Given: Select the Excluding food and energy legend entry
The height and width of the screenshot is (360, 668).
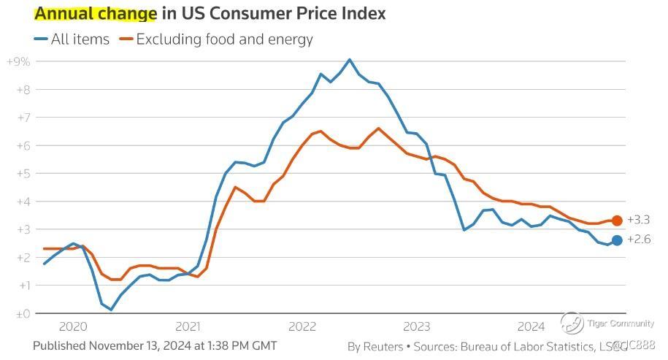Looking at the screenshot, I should tap(215, 39).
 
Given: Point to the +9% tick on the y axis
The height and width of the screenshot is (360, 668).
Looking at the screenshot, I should tap(18, 61).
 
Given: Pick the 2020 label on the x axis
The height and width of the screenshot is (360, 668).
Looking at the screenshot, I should tap(73, 326).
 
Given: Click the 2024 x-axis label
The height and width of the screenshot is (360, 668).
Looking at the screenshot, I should tap(531, 326).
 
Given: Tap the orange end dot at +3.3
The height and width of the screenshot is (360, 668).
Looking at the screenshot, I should tap(617, 221).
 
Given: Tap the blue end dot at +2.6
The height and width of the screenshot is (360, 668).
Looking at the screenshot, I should tap(617, 240).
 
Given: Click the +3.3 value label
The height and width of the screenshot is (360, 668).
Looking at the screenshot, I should tap(638, 221).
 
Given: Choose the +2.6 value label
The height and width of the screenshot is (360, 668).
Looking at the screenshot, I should tap(638, 240).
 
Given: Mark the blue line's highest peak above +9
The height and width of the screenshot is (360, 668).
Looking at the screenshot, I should tap(350, 59).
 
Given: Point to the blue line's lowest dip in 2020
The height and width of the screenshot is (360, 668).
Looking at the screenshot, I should tap(111, 310).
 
